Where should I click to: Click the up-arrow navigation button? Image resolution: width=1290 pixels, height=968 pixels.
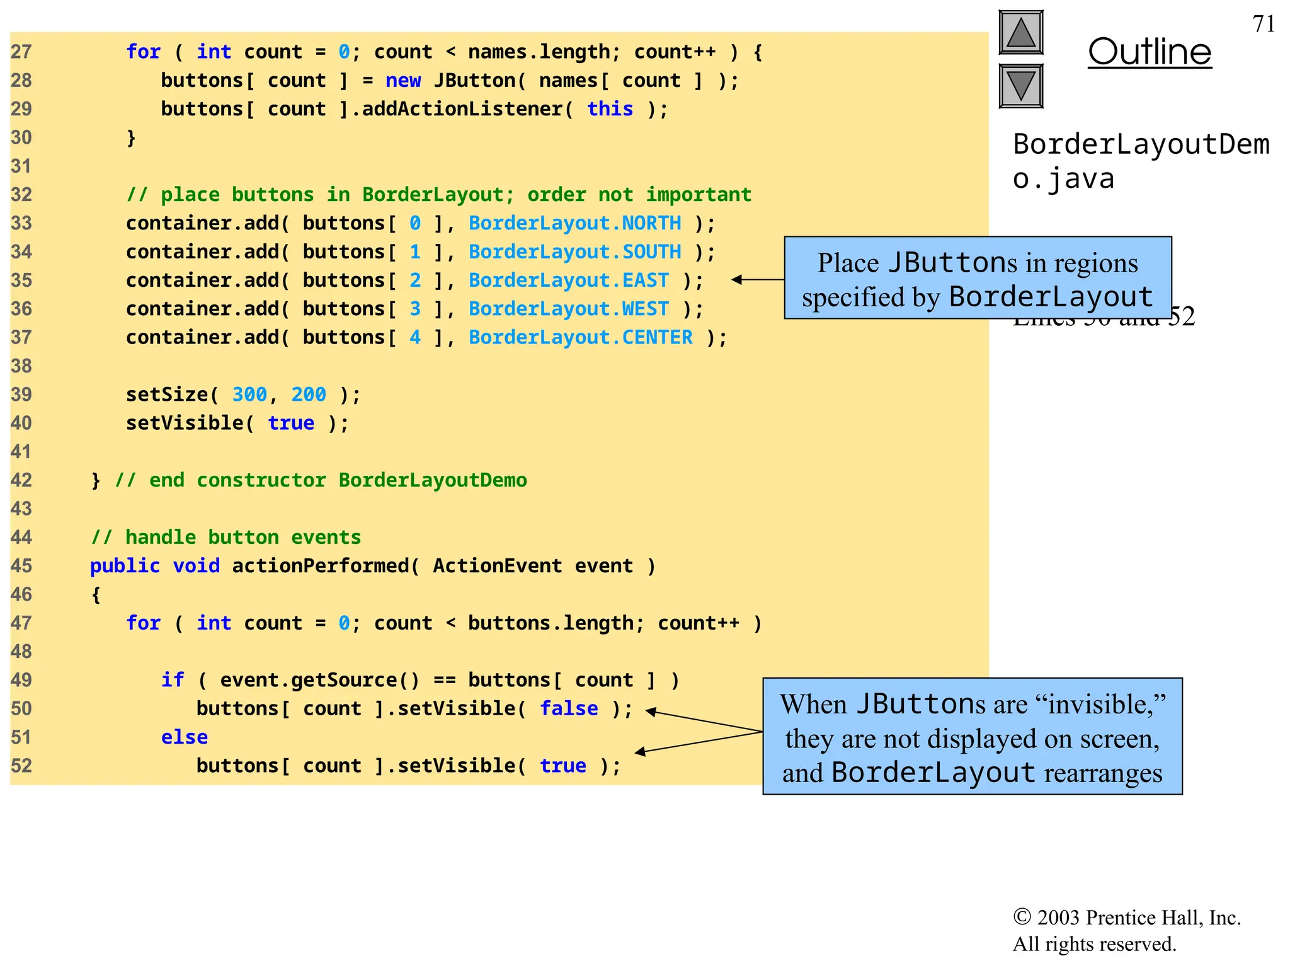1020,33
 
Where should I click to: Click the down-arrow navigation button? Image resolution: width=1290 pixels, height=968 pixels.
1020,86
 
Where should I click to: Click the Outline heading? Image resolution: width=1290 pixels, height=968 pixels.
1150,52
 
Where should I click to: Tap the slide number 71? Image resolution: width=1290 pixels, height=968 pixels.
1264,24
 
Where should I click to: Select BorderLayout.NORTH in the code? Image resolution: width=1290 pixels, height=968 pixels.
574,223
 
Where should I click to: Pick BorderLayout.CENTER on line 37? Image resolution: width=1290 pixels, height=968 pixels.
580,337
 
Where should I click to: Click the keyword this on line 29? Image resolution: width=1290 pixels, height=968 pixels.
610,109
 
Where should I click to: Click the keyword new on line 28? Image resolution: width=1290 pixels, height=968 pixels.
403,81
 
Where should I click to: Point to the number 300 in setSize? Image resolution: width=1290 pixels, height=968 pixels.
249,395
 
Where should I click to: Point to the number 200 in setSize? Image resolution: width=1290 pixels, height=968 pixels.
308,395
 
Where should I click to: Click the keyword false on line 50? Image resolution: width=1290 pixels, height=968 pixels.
569,708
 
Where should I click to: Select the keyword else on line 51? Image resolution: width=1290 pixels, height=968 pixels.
184,737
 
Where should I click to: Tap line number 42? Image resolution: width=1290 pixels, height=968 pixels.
21,480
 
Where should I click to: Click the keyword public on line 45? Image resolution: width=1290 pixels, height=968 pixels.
125,566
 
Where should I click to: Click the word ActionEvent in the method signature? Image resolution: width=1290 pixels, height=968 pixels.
497,566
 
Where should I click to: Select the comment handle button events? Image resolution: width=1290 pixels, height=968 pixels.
225,538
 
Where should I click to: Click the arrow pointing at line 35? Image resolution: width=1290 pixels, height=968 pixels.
756,279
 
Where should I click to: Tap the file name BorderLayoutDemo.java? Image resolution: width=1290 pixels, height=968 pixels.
1140,161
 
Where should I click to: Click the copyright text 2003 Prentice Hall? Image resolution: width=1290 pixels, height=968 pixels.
1127,918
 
